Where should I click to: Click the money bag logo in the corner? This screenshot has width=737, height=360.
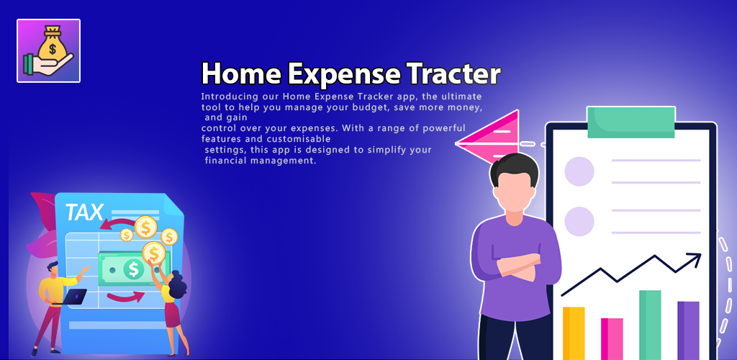[48, 50]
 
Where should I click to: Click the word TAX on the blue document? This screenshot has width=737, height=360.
[84, 212]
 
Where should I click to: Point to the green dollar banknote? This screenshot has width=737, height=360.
[132, 269]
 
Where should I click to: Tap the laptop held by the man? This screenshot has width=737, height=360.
[74, 297]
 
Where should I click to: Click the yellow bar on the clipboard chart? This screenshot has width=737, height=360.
[574, 333]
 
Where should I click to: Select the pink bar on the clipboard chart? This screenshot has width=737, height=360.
[612, 339]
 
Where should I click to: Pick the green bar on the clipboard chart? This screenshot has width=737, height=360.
[650, 325]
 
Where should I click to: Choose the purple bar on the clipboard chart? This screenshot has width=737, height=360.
[688, 330]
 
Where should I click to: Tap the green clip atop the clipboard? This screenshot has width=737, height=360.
[631, 122]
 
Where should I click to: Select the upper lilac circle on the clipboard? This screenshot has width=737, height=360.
[579, 171]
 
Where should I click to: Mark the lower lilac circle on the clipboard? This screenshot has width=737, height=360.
[579, 221]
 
